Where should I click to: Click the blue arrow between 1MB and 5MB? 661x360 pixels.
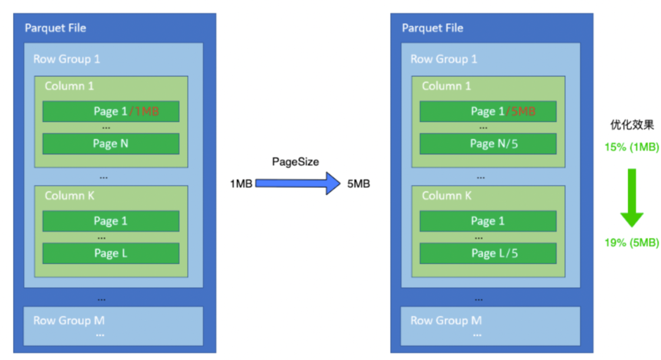click(x=297, y=184)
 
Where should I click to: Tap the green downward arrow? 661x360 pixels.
click(x=632, y=198)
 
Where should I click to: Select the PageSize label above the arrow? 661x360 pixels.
click(x=295, y=162)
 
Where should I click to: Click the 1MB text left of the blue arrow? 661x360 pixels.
click(x=241, y=184)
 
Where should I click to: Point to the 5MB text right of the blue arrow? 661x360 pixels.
click(x=358, y=184)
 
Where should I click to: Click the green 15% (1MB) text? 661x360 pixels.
click(x=632, y=147)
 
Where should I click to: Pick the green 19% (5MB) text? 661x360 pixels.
click(x=632, y=243)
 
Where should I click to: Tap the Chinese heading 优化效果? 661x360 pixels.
click(x=632, y=125)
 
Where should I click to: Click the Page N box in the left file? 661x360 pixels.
click(x=111, y=144)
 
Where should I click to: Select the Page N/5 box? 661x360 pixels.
click(x=488, y=144)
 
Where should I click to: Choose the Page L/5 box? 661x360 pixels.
click(x=488, y=253)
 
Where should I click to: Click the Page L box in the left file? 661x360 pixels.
click(x=111, y=253)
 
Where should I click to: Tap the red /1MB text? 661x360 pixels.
click(x=144, y=111)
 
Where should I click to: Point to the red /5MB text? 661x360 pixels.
click(x=521, y=111)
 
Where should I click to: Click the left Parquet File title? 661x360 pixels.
click(x=55, y=28)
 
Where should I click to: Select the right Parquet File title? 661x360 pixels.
click(x=433, y=28)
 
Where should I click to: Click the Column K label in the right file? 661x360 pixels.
click(x=446, y=195)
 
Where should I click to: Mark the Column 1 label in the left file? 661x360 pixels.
click(x=69, y=86)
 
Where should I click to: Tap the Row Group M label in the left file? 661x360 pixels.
click(x=69, y=321)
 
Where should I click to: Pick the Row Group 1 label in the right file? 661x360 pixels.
click(x=444, y=59)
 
